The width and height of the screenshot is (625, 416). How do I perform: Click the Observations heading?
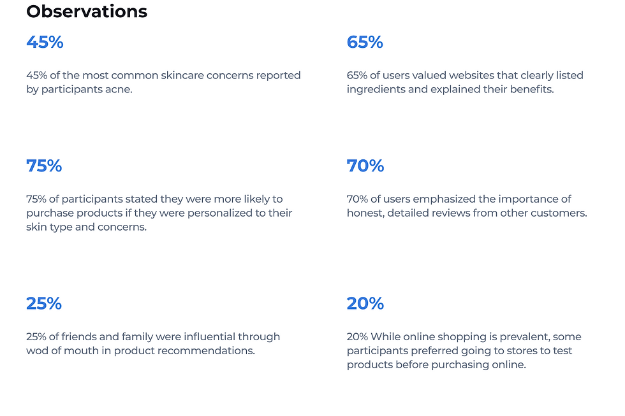(87, 11)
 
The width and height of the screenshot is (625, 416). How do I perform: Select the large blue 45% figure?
(45, 42)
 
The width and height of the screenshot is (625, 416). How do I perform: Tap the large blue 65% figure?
(365, 42)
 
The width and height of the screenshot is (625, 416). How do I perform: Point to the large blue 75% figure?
(44, 166)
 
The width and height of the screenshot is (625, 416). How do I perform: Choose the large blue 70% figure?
(365, 166)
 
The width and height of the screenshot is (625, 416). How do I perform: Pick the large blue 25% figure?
(44, 303)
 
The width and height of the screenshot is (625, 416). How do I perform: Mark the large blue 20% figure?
(365, 303)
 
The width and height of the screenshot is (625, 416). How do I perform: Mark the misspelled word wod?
(38, 351)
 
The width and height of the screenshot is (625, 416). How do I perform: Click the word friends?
(71, 337)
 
